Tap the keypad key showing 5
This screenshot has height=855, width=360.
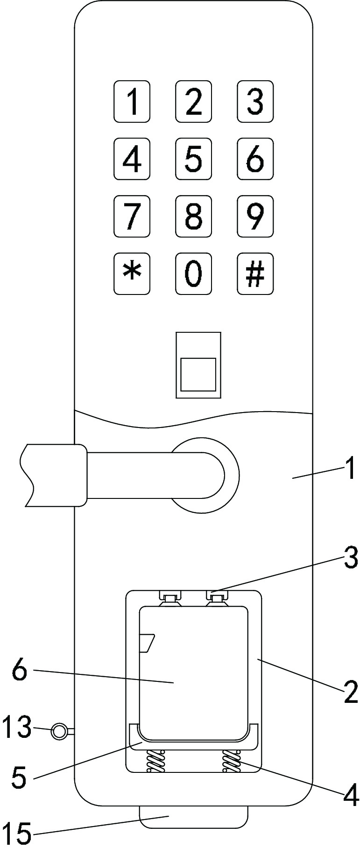click(193, 159)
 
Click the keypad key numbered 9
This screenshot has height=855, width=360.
click(255, 216)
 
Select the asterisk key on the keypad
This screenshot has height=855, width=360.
click(132, 273)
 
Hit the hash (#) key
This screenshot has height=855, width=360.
click(255, 273)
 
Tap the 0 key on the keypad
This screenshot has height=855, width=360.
click(193, 273)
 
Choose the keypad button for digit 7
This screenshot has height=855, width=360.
click(132, 216)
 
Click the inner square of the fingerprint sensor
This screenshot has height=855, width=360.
click(198, 374)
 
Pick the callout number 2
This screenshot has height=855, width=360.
click(350, 692)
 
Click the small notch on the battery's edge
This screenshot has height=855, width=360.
click(147, 643)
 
